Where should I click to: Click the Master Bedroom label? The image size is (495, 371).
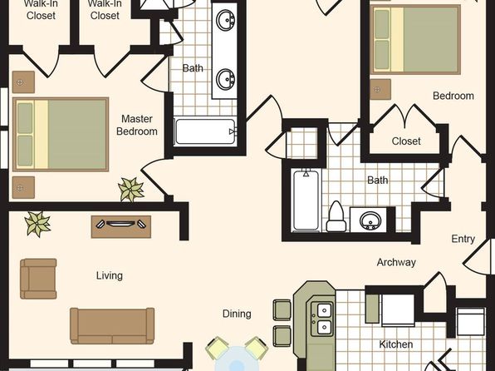click(x=137, y=125)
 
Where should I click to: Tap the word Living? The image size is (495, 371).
click(x=110, y=275)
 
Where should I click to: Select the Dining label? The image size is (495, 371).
click(x=237, y=314)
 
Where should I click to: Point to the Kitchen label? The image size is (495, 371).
click(x=396, y=344)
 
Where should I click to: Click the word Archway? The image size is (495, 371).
click(x=396, y=262)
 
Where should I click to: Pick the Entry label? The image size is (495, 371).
click(x=463, y=239)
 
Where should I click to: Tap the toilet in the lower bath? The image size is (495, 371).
click(x=336, y=216)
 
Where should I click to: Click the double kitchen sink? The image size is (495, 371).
click(x=322, y=319)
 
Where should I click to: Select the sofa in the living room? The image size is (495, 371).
click(x=112, y=326)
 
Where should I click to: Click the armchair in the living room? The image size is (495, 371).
click(x=38, y=279)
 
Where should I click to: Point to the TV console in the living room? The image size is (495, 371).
click(x=121, y=226)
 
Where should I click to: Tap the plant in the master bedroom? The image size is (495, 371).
click(x=131, y=189)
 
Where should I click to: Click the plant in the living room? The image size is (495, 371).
click(x=37, y=224)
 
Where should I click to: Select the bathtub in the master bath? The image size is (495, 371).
click(x=205, y=131)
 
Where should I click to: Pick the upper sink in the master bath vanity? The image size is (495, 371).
click(x=225, y=20)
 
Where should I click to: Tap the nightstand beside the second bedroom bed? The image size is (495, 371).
click(x=380, y=89)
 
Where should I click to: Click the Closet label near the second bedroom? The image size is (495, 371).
click(x=406, y=141)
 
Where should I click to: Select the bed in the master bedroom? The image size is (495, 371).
click(x=61, y=135)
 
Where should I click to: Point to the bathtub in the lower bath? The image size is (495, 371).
click(x=306, y=200)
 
